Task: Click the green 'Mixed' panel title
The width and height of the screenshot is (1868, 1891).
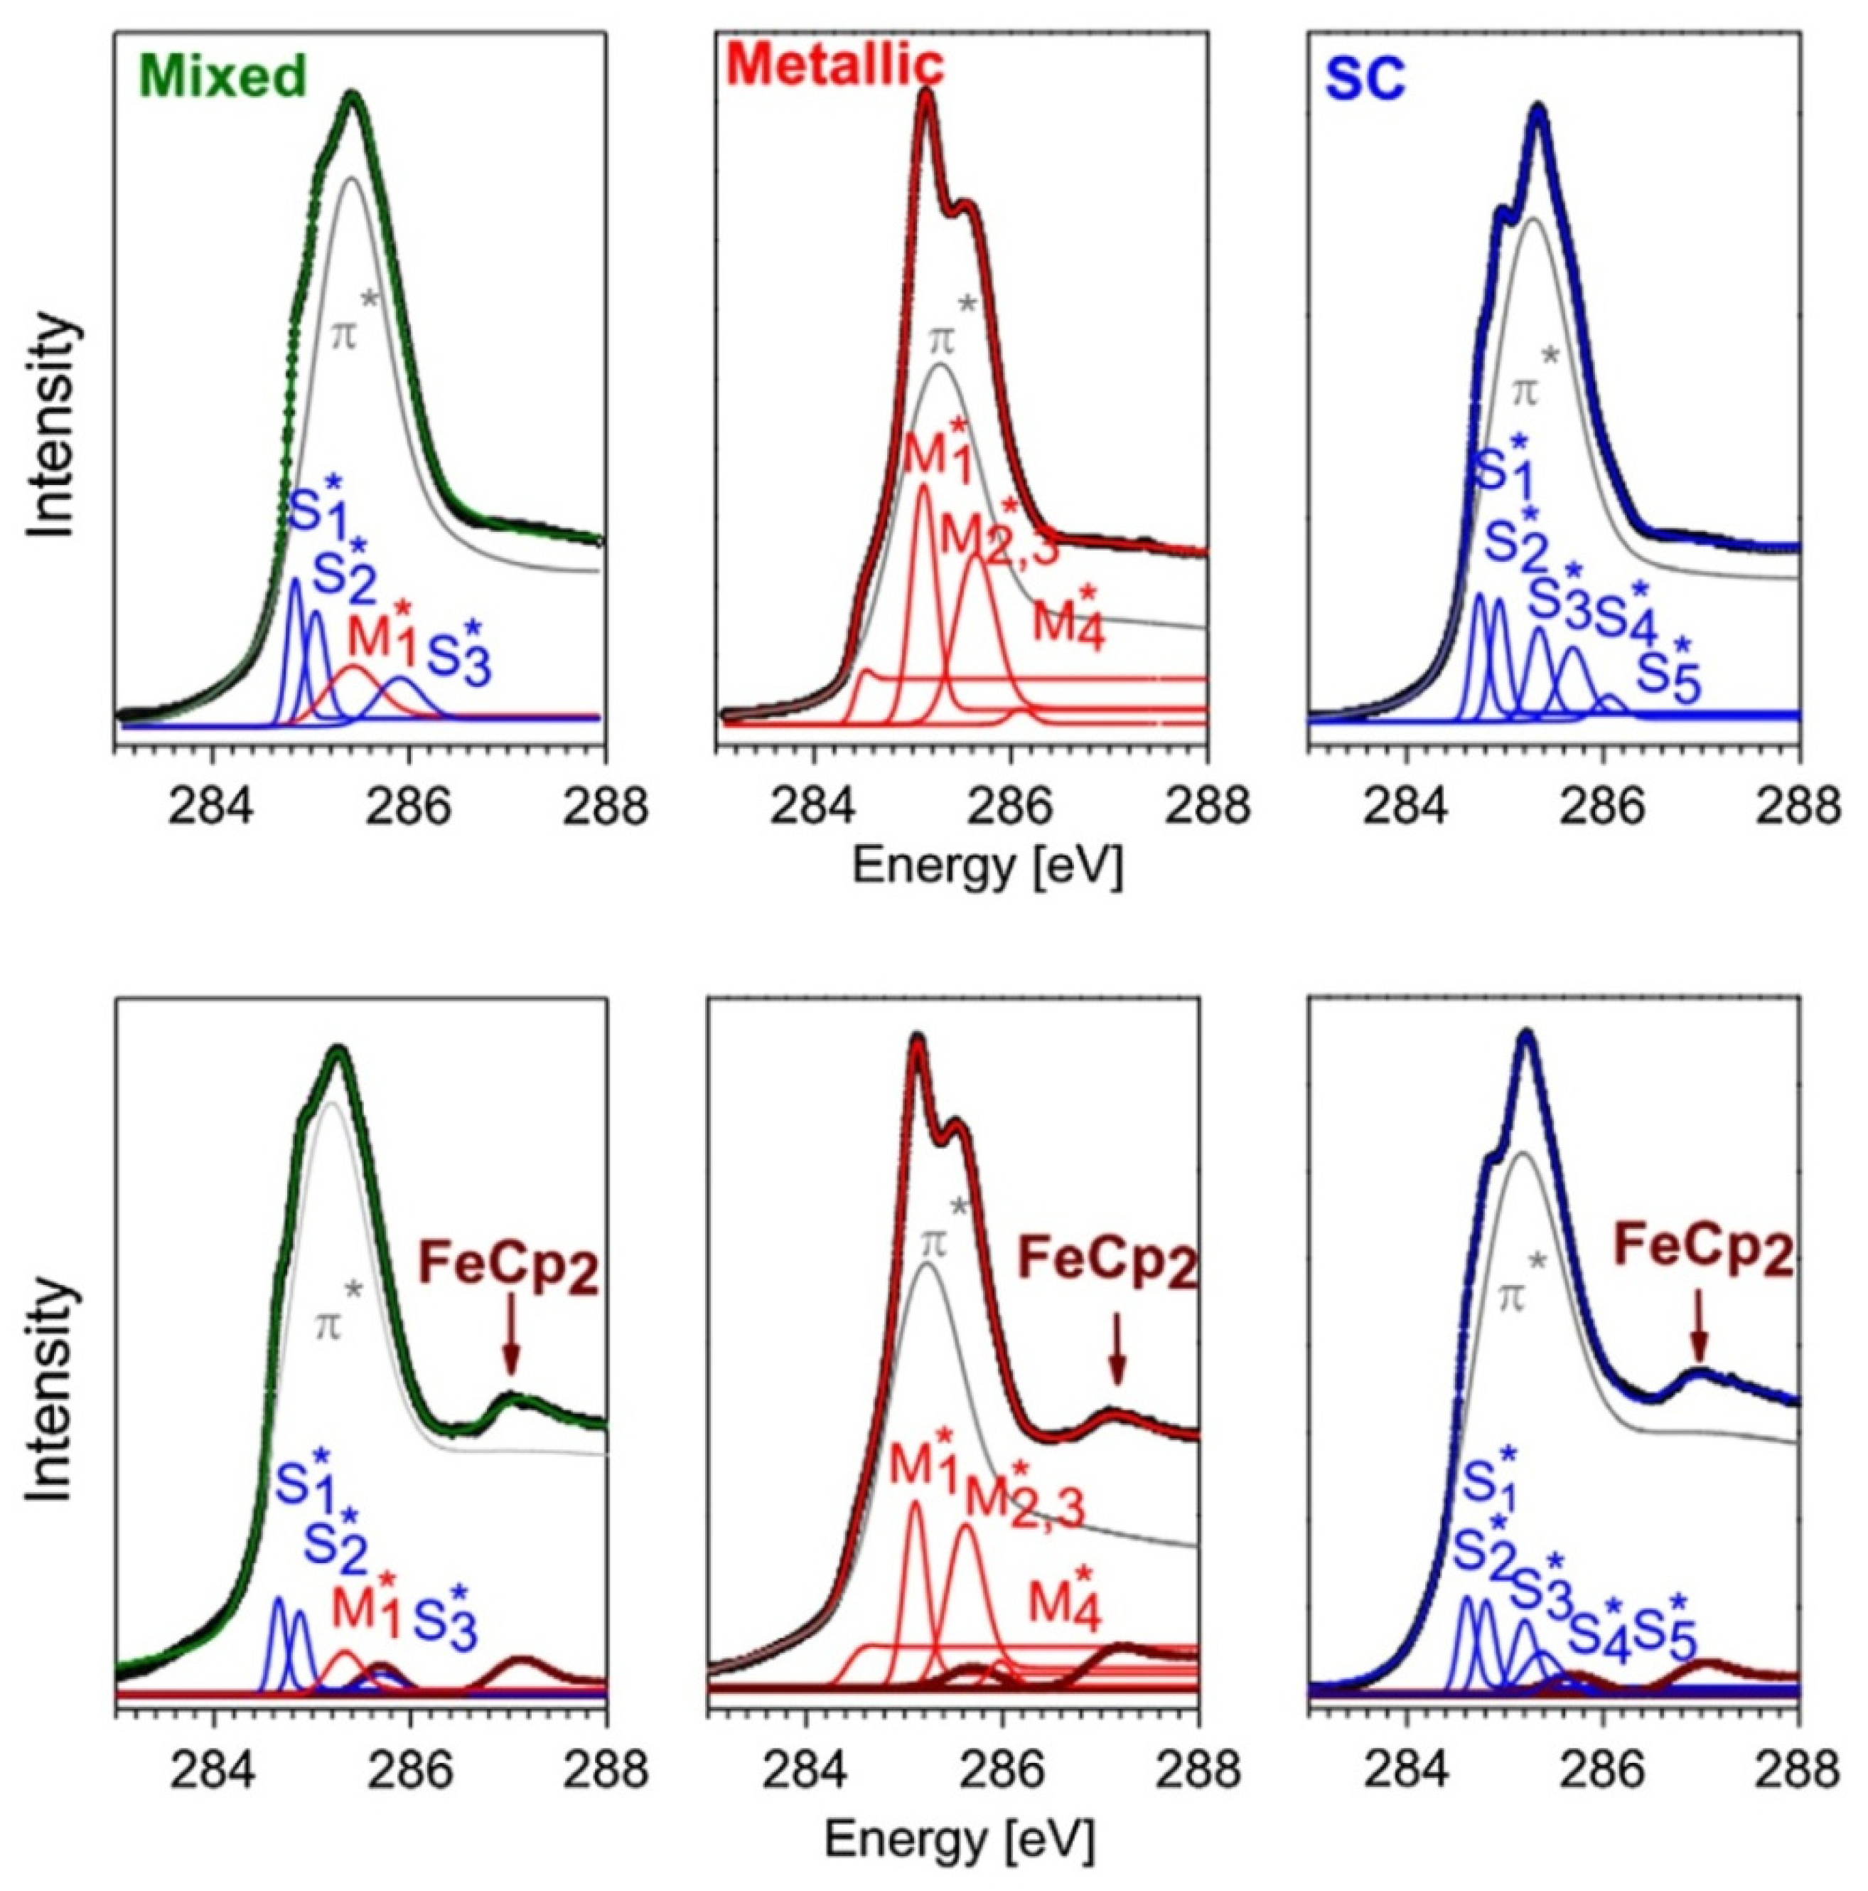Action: [224, 76]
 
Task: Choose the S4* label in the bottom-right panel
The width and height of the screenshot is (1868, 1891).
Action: [1598, 1634]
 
